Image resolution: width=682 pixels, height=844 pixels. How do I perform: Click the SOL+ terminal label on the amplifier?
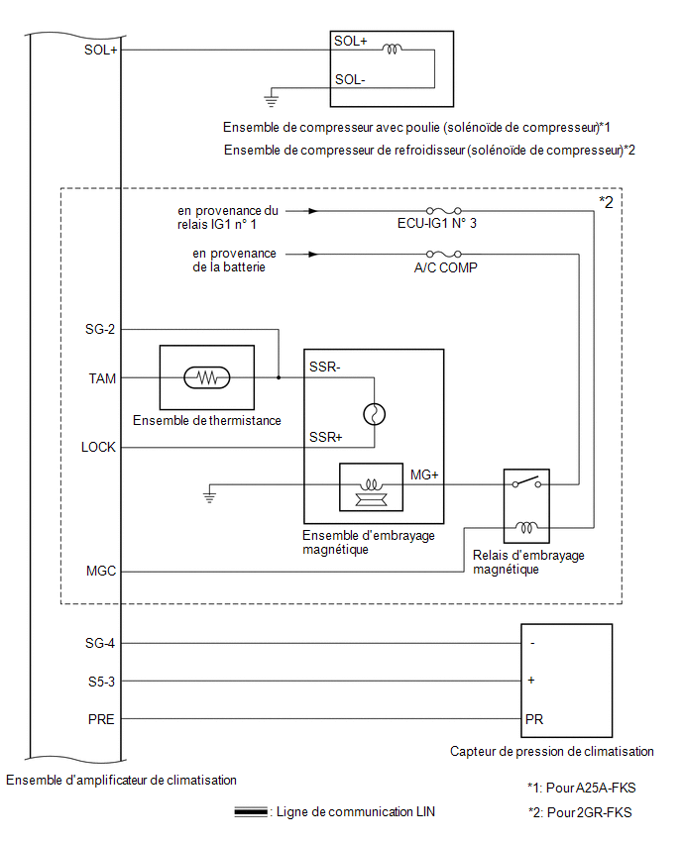[100, 51]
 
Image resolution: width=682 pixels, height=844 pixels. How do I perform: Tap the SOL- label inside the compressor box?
[350, 79]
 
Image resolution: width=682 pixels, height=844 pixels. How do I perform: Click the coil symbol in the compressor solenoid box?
[392, 50]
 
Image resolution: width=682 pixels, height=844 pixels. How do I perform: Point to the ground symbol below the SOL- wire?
[271, 99]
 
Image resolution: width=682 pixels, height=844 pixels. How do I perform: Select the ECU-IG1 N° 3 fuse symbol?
[443, 210]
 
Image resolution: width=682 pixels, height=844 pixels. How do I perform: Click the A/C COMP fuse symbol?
[443, 254]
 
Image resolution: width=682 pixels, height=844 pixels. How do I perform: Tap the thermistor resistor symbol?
[207, 377]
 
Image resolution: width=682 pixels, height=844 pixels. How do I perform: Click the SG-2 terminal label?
[100, 329]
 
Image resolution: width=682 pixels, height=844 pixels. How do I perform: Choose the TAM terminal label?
[102, 378]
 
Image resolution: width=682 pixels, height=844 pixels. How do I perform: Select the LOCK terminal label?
[98, 447]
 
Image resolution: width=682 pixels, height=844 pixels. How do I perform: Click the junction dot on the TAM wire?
[279, 377]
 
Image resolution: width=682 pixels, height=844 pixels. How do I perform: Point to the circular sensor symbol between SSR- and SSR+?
[375, 414]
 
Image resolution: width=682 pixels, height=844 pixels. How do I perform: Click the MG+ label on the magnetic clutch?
[424, 475]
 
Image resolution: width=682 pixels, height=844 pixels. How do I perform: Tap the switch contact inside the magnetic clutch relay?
[526, 481]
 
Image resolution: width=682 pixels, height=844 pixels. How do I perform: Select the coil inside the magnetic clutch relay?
[526, 527]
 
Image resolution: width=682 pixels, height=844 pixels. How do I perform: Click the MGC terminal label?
[101, 571]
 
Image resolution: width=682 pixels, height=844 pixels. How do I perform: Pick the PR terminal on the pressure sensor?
[534, 719]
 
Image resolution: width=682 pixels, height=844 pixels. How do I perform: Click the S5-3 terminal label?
[101, 682]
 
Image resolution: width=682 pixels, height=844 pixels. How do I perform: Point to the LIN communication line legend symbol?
[251, 811]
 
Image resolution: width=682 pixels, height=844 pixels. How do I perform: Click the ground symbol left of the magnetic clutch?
[209, 495]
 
